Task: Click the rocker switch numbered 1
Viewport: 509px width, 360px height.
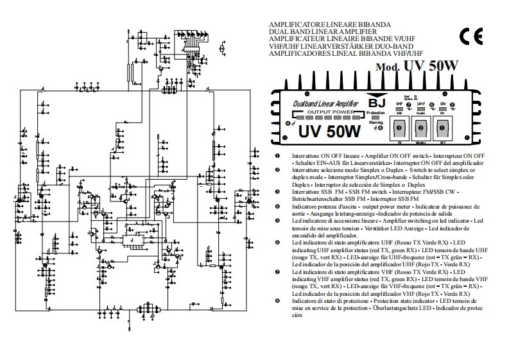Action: (x=444, y=126)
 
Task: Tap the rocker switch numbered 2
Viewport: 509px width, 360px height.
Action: (x=421, y=126)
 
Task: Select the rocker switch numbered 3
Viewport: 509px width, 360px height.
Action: (x=399, y=126)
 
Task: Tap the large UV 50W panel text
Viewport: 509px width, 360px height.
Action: (x=329, y=132)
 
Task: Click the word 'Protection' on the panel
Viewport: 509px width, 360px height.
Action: (x=375, y=113)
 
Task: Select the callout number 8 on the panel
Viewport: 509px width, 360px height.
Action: (x=380, y=127)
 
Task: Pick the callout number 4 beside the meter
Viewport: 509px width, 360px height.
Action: (x=287, y=122)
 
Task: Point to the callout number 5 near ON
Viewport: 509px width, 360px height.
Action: (x=453, y=104)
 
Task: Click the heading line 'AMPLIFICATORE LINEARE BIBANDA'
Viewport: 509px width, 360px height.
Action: (x=329, y=24)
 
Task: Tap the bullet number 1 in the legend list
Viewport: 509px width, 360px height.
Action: (x=277, y=156)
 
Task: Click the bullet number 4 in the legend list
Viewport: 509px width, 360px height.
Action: (x=277, y=207)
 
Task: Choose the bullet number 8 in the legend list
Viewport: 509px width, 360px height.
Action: (x=277, y=300)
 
